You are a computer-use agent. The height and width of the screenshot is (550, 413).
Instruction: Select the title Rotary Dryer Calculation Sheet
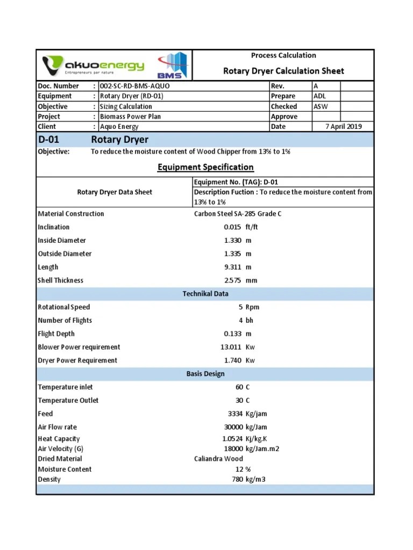click(283, 71)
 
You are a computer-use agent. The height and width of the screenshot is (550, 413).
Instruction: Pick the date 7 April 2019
click(344, 127)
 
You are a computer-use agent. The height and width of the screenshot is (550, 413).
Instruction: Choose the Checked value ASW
click(321, 106)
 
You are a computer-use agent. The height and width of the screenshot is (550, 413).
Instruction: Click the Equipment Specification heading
click(205, 167)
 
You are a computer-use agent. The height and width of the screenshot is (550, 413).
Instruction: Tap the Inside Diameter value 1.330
click(232, 241)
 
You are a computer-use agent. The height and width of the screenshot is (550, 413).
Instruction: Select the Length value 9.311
click(232, 267)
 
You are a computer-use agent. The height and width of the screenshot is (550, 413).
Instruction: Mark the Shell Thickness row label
click(61, 280)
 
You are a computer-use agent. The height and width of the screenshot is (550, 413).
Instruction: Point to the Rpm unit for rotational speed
click(253, 307)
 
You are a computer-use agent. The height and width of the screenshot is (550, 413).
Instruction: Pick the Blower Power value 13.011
click(231, 347)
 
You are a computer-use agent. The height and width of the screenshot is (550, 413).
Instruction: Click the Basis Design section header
click(205, 374)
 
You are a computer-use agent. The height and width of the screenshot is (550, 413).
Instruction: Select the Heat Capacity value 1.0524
click(232, 439)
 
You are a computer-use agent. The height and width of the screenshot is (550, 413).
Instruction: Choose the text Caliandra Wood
click(218, 459)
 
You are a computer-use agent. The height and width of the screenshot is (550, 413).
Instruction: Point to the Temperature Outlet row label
click(68, 401)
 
